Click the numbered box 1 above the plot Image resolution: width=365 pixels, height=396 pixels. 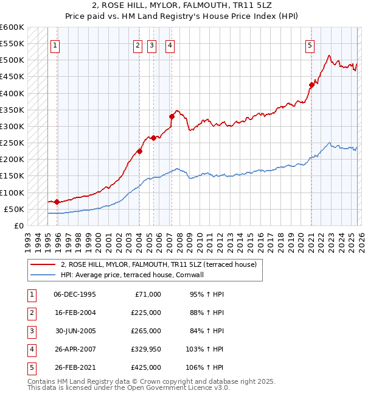55,44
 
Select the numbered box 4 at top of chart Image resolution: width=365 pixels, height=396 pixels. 170,44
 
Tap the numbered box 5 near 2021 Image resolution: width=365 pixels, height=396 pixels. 310,44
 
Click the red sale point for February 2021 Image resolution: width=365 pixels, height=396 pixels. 311,85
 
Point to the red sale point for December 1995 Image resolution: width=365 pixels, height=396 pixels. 57,202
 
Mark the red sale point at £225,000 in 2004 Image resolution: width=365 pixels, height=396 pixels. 139,151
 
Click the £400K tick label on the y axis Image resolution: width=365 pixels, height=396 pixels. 12,93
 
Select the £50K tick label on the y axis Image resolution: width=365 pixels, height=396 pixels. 15,209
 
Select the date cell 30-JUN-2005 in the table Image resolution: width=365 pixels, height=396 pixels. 74,331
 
